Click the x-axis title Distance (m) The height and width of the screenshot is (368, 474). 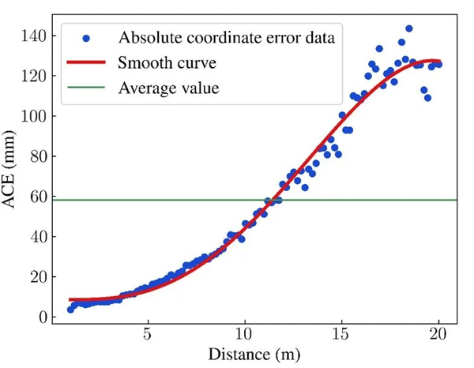click(x=254, y=355)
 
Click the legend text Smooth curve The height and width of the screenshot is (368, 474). click(x=167, y=62)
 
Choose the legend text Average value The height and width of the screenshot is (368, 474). click(x=168, y=88)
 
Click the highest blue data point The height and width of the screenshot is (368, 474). click(x=408, y=28)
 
